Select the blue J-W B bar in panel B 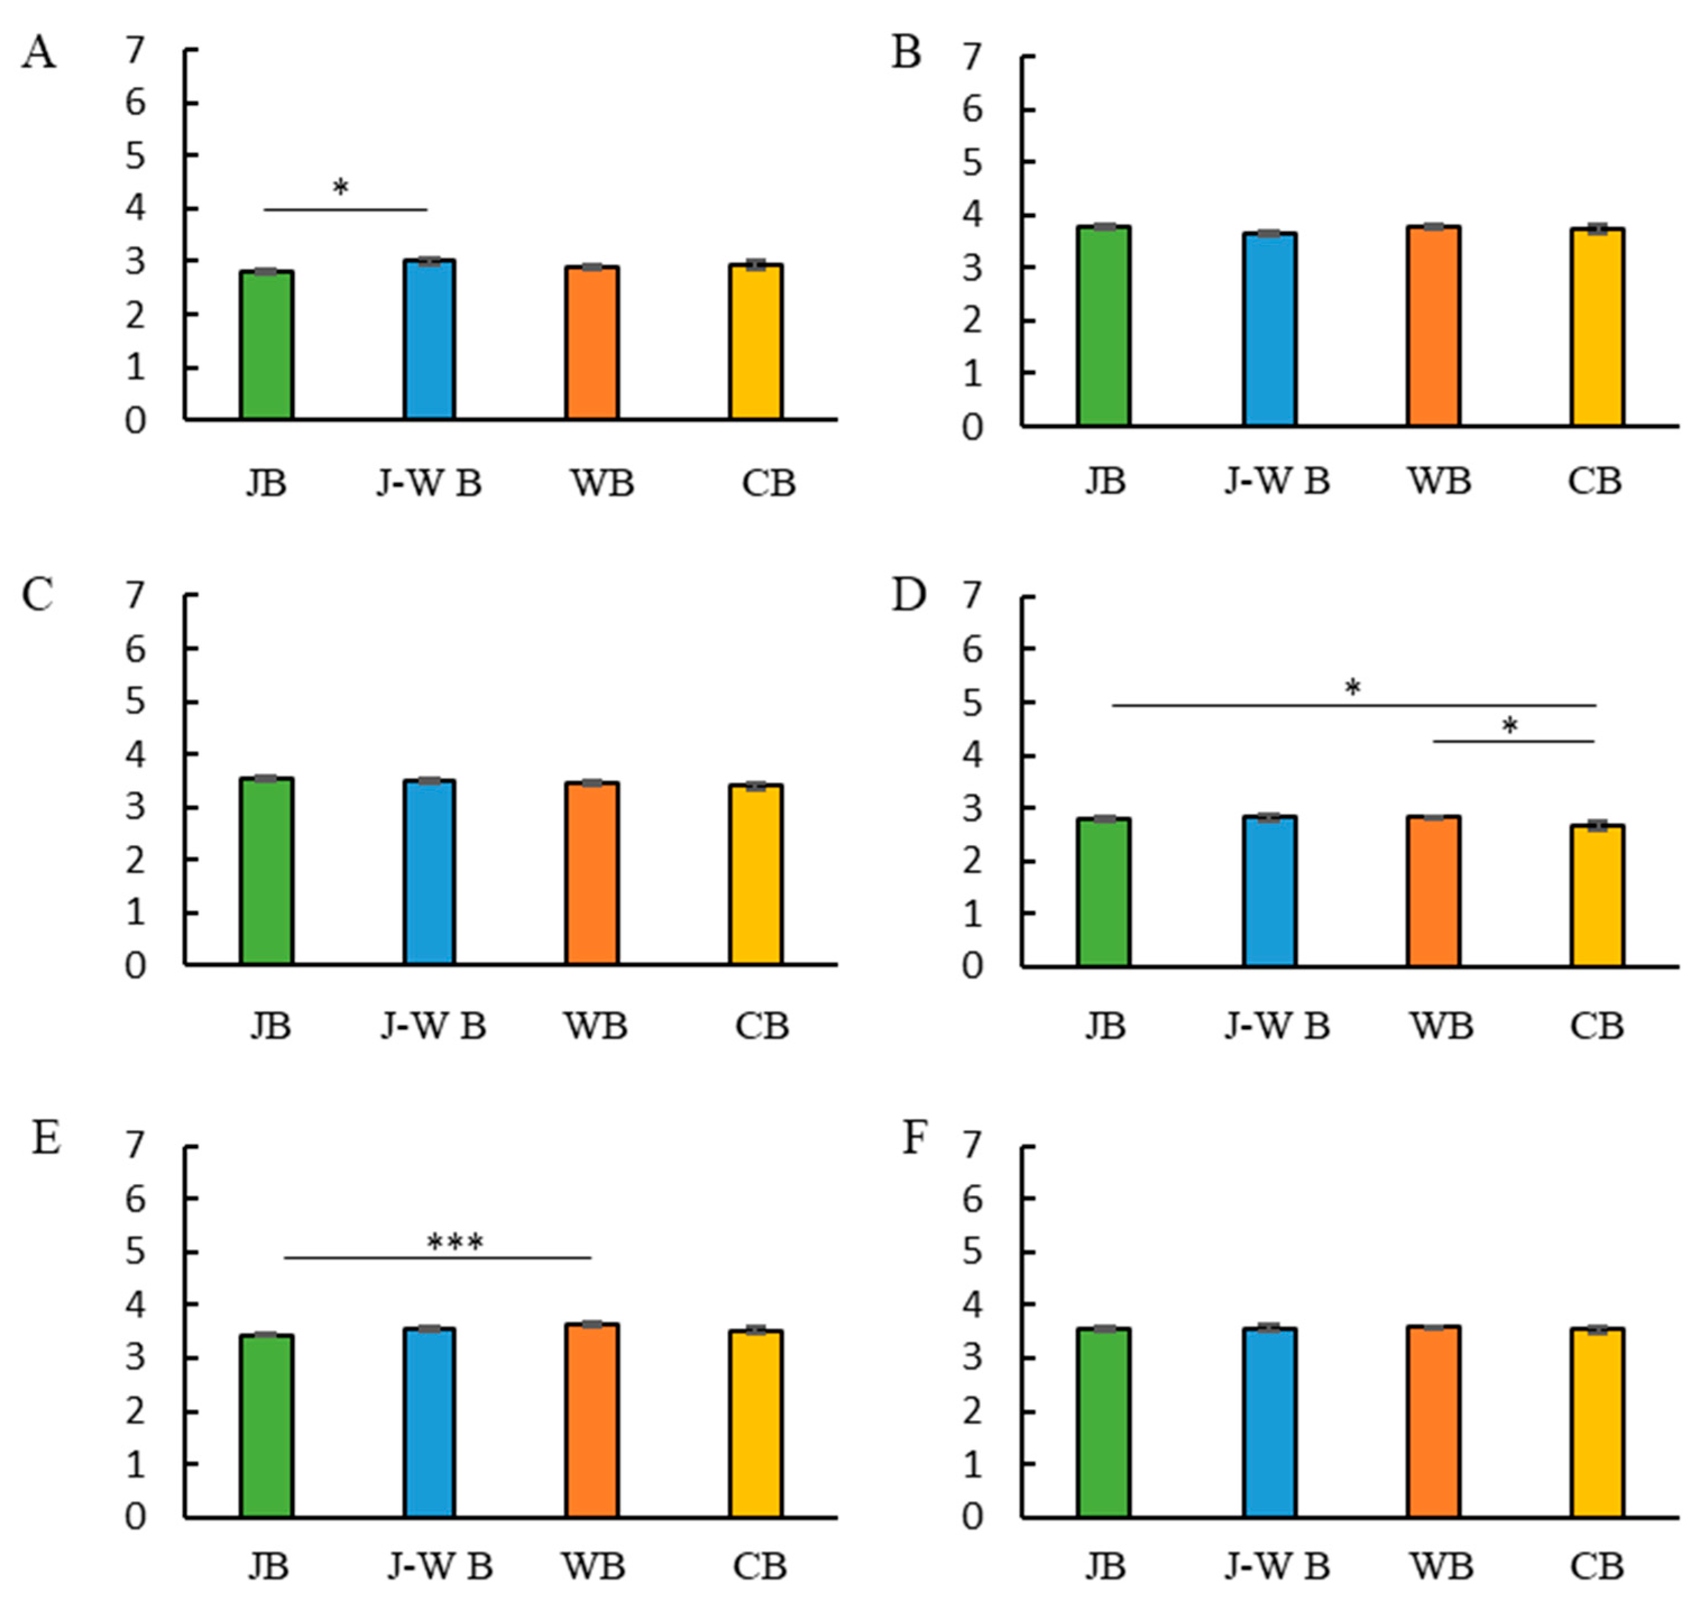(1269, 329)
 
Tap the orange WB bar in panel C (592, 874)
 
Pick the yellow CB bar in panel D (1597, 896)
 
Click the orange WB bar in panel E (592, 1421)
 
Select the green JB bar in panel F (1103, 1423)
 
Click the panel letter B (907, 53)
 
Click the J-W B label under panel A (429, 484)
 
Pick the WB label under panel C (595, 1026)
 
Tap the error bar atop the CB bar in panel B (1597, 228)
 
